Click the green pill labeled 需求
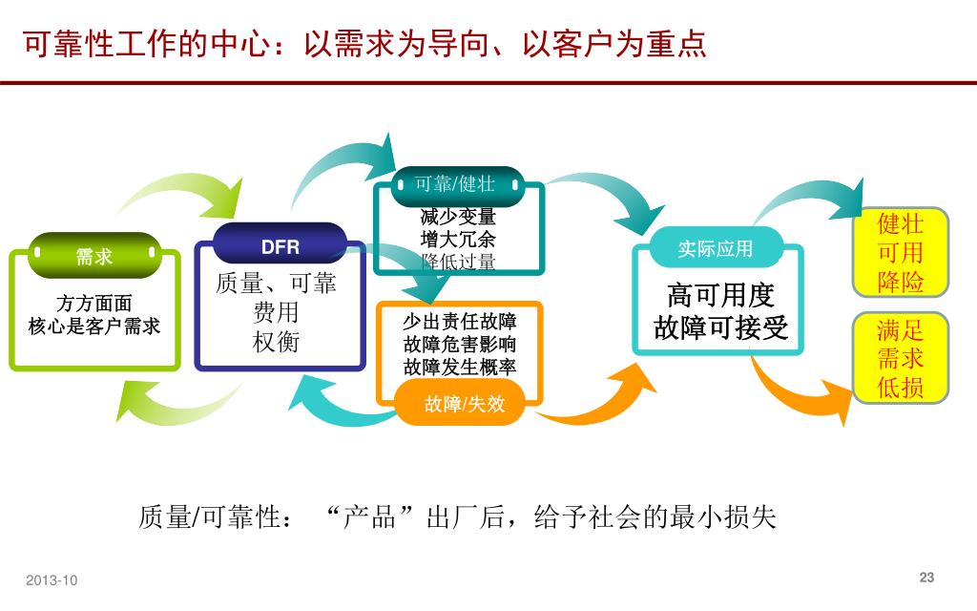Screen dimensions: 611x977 pos(94,256)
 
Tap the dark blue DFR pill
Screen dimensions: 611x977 pos(280,247)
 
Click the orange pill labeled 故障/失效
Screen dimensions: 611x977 pos(464,404)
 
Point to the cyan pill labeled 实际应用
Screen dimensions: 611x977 pos(715,249)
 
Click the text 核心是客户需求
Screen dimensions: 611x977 pos(94,327)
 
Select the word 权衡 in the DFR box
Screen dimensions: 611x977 pos(276,342)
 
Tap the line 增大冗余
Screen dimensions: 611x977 pos(458,239)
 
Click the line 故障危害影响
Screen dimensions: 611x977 pos(460,344)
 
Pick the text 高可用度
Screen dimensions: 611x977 pos(720,295)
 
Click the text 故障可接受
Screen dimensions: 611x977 pos(720,327)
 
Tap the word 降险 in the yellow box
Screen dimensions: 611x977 pos(901,282)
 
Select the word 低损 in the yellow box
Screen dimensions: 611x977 pos(901,388)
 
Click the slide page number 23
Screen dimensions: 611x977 pos(926,577)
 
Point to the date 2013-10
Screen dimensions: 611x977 pos(52,580)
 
